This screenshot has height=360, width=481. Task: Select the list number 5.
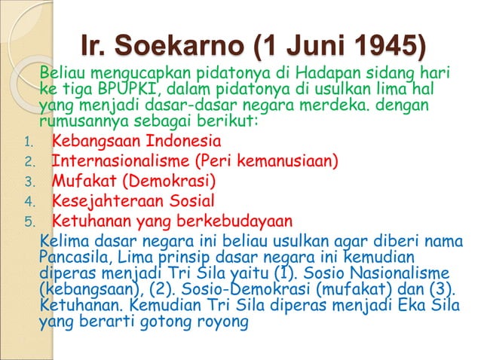(x=29, y=221)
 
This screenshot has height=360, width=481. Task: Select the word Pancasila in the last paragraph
(x=74, y=258)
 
